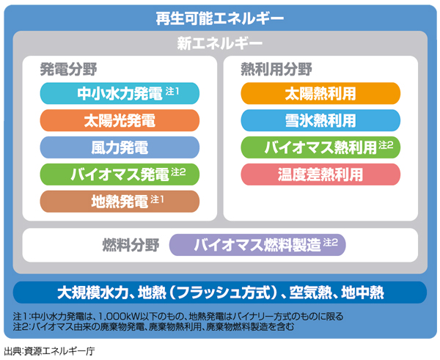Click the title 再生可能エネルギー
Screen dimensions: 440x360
(x=220, y=18)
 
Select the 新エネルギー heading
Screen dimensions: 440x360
(x=220, y=44)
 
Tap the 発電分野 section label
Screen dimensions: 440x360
(x=68, y=70)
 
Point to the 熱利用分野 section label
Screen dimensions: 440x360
(x=276, y=70)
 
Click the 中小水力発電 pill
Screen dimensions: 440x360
(x=120, y=93)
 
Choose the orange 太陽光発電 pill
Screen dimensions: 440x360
(x=120, y=120)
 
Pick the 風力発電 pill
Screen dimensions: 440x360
(x=120, y=147)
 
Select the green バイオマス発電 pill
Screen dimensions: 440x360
(x=120, y=175)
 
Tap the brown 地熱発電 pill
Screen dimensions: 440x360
(x=120, y=201)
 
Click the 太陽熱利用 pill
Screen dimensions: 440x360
(x=320, y=93)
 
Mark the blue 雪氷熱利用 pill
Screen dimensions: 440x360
(x=320, y=120)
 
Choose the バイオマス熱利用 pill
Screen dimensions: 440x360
(x=320, y=147)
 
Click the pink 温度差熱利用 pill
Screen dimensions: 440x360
(x=320, y=175)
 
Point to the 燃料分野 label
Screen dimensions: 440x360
(x=131, y=245)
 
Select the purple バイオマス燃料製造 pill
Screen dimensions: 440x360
(x=257, y=245)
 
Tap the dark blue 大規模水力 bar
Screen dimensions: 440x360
(x=220, y=293)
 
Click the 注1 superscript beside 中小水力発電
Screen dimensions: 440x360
(x=172, y=91)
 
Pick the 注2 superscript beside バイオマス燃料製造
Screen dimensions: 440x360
(x=330, y=243)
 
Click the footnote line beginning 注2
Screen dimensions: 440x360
(x=153, y=326)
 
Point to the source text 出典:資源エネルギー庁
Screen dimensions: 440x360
(x=49, y=351)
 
